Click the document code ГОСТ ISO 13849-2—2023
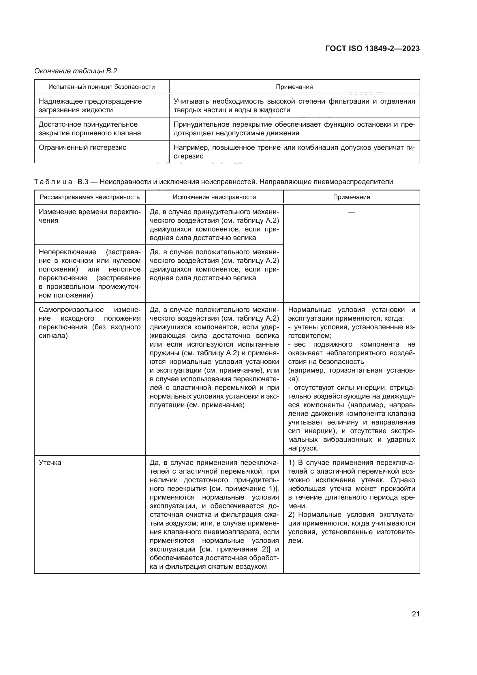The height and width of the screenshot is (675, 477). (372, 48)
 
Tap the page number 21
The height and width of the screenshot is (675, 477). (416, 614)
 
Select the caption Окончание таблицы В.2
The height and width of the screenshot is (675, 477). (76, 71)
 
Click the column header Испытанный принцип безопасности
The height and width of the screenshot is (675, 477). (101, 87)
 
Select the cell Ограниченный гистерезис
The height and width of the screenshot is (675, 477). (82, 147)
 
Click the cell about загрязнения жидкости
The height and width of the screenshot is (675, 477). (90, 106)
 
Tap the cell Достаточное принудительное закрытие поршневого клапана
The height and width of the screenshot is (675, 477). (90, 129)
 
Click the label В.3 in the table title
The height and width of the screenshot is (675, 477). (82, 182)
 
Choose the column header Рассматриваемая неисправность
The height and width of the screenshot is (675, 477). (90, 197)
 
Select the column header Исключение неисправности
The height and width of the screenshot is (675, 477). (214, 197)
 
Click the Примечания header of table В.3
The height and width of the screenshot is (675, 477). (351, 197)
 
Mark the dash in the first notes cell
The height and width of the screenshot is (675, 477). (351, 212)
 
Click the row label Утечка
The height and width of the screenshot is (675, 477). (50, 462)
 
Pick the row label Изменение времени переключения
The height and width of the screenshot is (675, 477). (90, 216)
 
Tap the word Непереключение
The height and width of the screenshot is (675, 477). (67, 252)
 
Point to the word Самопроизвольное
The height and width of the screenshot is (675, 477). (71, 310)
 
